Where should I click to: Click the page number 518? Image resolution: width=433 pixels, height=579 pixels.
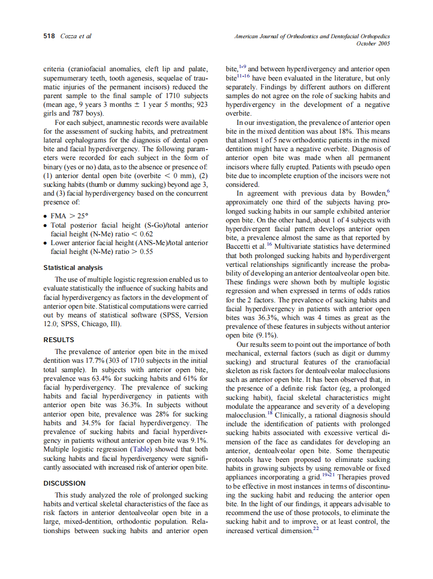[x=49, y=36]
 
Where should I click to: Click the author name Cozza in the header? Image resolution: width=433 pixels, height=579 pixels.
[x=69, y=36]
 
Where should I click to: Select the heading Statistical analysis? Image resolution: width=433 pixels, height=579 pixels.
[x=73, y=268]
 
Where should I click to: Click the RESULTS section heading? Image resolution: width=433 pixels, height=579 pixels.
[x=58, y=340]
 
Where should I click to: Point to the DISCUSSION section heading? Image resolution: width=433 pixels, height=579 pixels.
[x=64, y=484]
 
